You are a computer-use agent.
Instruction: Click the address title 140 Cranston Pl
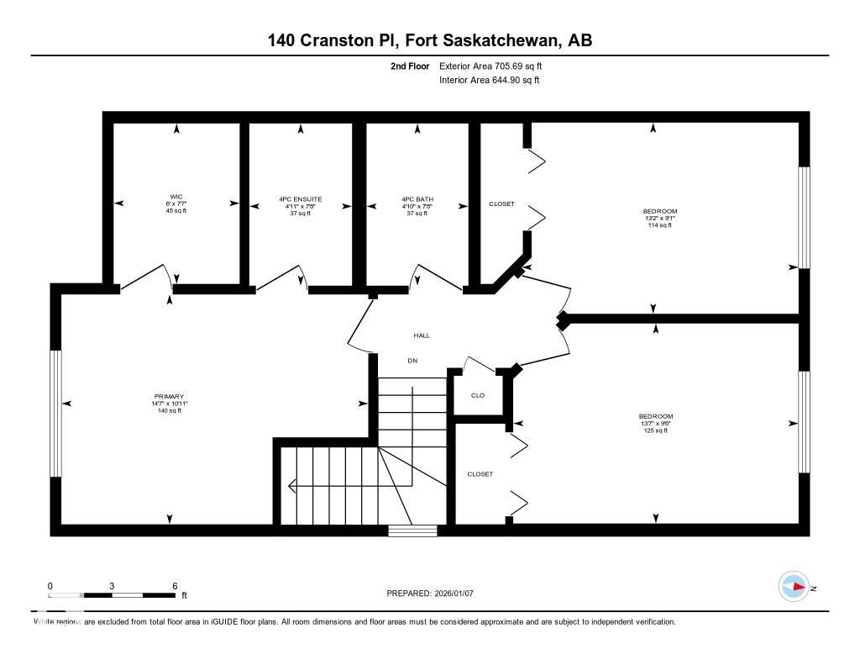tap(429, 40)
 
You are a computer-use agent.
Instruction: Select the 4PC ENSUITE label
tap(300, 199)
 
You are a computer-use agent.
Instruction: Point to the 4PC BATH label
tap(417, 199)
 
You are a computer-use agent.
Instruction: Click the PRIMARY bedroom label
tap(169, 397)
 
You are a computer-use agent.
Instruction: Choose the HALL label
tap(422, 335)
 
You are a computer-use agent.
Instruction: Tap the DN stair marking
tap(412, 361)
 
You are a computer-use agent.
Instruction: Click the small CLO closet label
tap(478, 395)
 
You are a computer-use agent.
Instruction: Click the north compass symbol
tap(794, 587)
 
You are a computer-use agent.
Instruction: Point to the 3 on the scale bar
tap(112, 585)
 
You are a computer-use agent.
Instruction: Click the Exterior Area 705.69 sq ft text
tap(496, 66)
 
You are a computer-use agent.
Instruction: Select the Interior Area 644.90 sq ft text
tap(489, 81)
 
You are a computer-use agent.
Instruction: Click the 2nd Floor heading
tap(410, 66)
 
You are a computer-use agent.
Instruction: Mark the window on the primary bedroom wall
tap(56, 414)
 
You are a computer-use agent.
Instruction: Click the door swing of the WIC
tap(151, 276)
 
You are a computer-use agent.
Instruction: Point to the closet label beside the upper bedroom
tap(501, 204)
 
